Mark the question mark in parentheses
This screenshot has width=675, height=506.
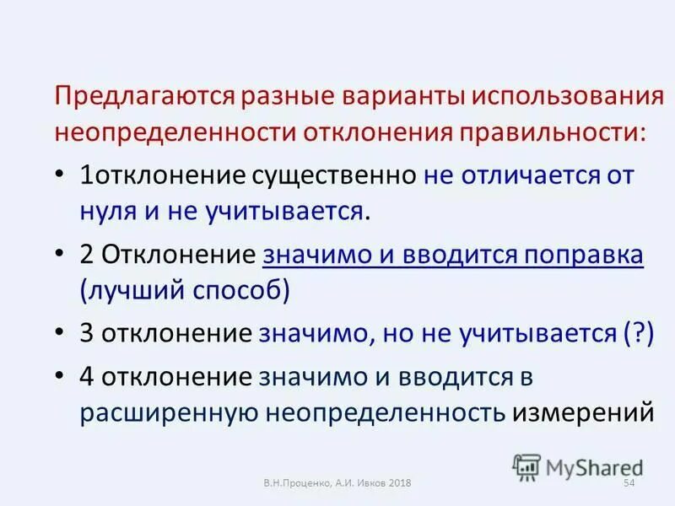pyautogui.click(x=639, y=333)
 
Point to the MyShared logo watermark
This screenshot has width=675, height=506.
pyautogui.click(x=579, y=466)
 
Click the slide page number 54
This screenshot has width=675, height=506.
pyautogui.click(x=629, y=482)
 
